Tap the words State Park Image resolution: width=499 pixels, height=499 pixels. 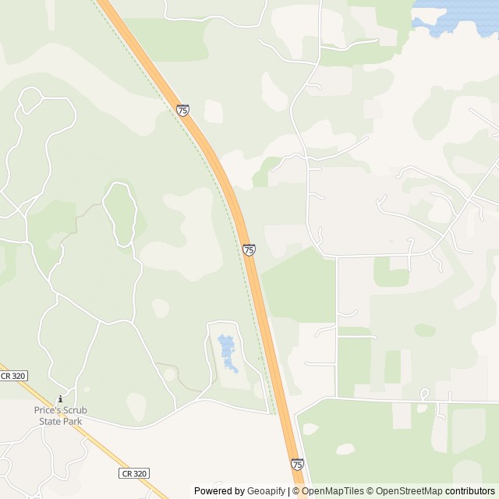(x=60, y=422)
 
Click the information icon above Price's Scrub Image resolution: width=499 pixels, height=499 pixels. (x=60, y=399)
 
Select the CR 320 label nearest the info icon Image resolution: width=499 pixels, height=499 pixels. (x=13, y=376)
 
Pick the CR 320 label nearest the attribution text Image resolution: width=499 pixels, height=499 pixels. (x=133, y=473)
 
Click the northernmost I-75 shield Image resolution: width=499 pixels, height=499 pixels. (x=182, y=111)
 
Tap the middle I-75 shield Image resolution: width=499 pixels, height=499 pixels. (x=249, y=249)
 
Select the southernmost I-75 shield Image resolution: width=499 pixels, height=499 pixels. (x=297, y=464)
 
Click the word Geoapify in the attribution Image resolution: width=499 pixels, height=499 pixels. (x=267, y=491)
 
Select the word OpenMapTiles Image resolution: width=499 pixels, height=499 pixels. (x=334, y=491)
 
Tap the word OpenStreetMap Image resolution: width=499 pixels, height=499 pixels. (x=409, y=491)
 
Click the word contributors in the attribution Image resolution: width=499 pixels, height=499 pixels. (x=470, y=491)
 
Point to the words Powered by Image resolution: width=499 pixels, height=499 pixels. (x=219, y=491)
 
